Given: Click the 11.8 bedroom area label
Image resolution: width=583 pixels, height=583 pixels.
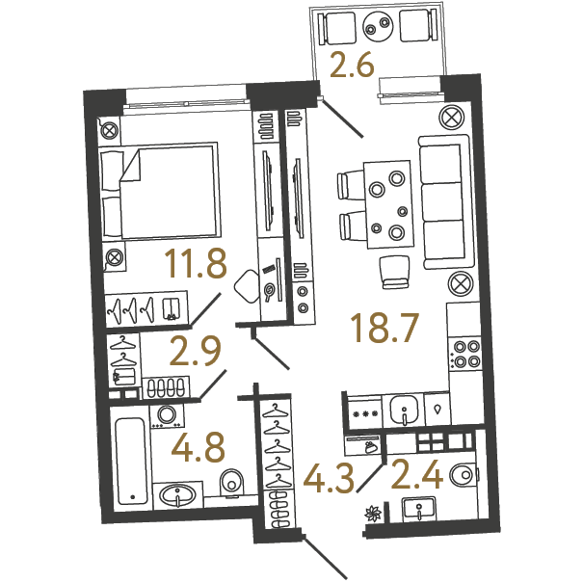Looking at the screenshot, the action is click(x=196, y=264).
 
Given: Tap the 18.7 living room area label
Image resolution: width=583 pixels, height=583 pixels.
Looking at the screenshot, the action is click(x=384, y=328).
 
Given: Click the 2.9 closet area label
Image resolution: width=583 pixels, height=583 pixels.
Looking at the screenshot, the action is click(x=196, y=352).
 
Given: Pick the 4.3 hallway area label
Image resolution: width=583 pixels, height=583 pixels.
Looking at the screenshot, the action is click(x=329, y=479).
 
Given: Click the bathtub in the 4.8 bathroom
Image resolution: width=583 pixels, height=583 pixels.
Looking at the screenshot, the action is click(x=130, y=461).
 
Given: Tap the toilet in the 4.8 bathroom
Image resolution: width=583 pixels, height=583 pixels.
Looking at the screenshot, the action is click(x=231, y=483).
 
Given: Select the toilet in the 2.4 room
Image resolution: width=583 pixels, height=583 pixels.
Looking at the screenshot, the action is click(x=462, y=474).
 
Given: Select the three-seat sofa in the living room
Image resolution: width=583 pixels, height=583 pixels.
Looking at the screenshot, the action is click(x=445, y=201).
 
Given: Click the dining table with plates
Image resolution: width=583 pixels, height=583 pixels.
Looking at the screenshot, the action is click(x=388, y=204).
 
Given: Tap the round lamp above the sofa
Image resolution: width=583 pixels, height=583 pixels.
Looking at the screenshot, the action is click(x=451, y=118).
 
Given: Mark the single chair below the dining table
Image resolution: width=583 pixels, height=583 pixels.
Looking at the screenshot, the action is click(x=395, y=272).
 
